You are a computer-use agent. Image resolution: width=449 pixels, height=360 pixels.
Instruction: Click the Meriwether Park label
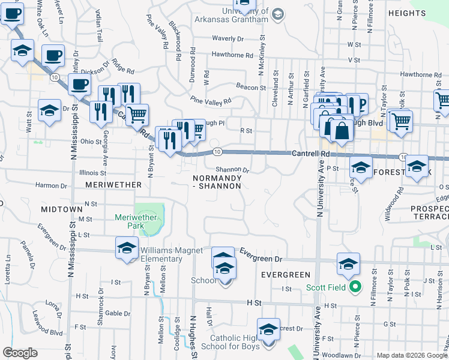click(x=137, y=217)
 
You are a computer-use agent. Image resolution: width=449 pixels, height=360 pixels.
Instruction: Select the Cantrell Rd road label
click(x=311, y=154)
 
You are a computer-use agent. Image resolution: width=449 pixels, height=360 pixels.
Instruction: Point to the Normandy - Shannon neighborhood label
click(x=217, y=182)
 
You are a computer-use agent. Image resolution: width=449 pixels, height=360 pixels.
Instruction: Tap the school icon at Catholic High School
click(x=268, y=329)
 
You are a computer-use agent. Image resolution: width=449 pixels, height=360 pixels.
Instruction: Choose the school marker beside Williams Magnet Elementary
click(x=127, y=248)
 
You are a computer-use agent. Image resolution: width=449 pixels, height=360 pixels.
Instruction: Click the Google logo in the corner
click(x=20, y=353)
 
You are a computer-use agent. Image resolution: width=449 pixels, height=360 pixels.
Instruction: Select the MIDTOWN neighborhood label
click(x=61, y=209)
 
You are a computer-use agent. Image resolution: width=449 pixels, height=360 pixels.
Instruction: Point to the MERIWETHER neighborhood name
click(x=113, y=185)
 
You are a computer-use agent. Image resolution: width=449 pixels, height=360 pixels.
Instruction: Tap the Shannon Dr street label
click(x=232, y=170)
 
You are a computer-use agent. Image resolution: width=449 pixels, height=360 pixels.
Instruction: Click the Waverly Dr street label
click(x=228, y=38)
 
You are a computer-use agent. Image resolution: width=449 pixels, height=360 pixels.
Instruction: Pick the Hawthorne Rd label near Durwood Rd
click(x=232, y=55)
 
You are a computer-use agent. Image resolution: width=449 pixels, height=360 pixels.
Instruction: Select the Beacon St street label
click(x=250, y=87)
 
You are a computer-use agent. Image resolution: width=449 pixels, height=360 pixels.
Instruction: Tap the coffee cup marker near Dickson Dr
click(x=79, y=85)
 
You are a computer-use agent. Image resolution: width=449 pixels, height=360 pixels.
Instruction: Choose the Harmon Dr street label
click(x=50, y=185)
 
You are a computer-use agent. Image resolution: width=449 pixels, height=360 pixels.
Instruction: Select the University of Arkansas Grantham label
click(x=231, y=15)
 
